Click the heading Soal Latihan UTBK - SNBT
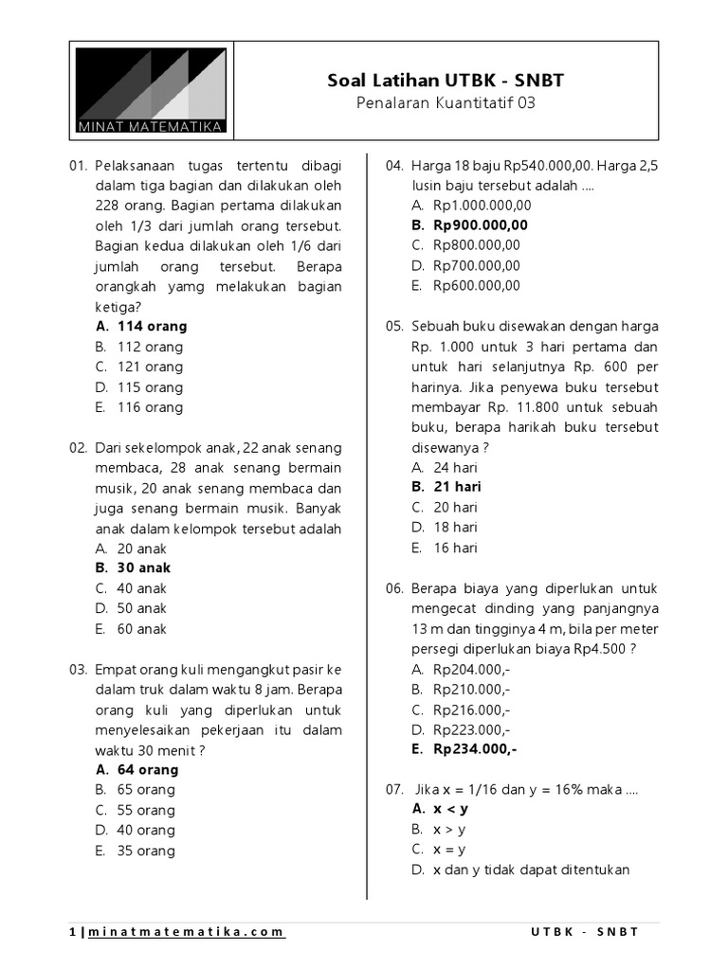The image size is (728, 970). [446, 81]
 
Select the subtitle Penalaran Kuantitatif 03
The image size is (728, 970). [446, 103]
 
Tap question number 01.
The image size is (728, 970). [79, 166]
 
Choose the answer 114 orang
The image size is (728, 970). [152, 326]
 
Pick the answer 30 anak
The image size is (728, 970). [144, 568]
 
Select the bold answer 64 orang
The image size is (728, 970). [148, 769]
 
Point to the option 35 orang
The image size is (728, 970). [146, 851]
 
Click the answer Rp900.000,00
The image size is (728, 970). [481, 225]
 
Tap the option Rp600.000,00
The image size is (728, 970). [477, 286]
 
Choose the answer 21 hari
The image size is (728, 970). [457, 487]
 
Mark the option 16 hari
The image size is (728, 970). [455, 548]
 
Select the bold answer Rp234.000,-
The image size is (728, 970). [475, 749]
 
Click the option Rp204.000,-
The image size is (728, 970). [471, 669]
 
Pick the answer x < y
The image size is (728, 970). [450, 809]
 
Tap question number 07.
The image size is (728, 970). [394, 789]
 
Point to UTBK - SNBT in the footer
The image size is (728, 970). [585, 932]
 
